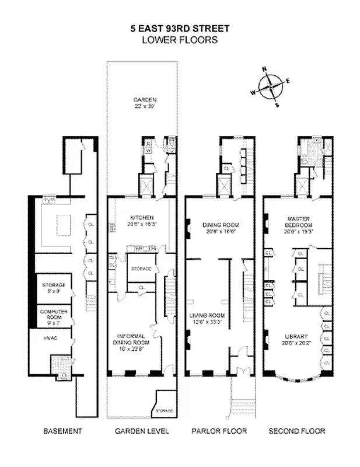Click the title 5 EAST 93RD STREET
[180, 28]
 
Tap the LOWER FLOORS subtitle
[180, 40]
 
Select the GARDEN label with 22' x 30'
[141, 103]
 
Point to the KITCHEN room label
[141, 219]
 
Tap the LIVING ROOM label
[209, 319]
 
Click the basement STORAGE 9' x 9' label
[54, 287]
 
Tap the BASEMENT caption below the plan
[63, 431]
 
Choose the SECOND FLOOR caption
[297, 431]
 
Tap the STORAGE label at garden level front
[163, 411]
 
